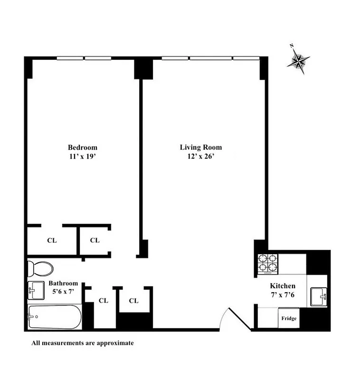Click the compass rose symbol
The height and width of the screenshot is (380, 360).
[299, 61]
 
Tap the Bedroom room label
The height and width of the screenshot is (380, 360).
[82, 147]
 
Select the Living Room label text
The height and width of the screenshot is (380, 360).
[200, 147]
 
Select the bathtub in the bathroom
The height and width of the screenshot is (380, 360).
[54, 316]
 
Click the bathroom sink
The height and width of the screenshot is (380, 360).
[36, 290]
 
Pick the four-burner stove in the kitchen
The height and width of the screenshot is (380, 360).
[267, 264]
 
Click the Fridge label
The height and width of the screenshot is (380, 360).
[289, 318]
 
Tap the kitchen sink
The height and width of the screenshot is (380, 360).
[318, 297]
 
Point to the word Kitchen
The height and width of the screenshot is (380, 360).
[283, 286]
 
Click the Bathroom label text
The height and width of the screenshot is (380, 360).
[63, 283]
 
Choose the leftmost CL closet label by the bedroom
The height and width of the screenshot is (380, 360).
[52, 240]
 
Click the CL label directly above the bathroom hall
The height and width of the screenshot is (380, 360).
[95, 240]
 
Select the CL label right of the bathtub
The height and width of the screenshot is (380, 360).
[104, 301]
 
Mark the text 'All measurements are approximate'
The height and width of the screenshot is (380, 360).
[83, 342]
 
